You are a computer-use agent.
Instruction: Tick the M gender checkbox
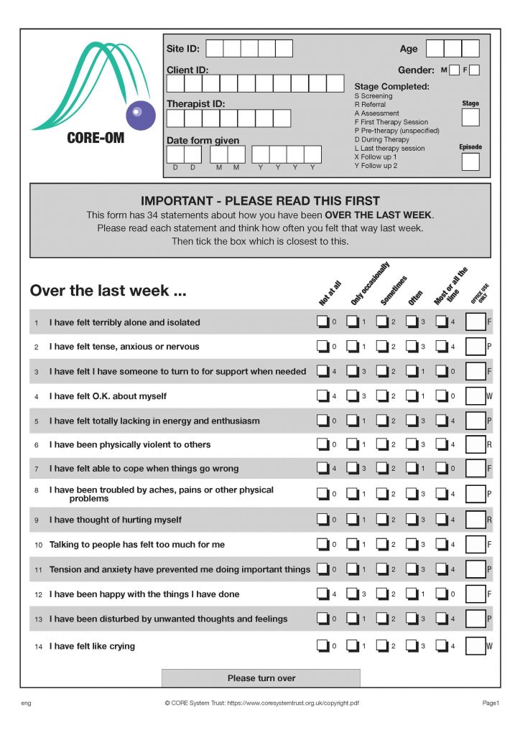coord(454,70)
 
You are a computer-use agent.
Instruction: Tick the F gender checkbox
coord(474,70)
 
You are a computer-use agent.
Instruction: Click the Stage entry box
coord(470,118)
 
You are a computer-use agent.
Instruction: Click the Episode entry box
coord(470,161)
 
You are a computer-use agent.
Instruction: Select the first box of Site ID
coord(214,49)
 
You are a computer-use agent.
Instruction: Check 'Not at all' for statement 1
coord(322,322)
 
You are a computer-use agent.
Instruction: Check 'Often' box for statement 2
coord(412,347)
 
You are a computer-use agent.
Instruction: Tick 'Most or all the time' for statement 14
coord(442,646)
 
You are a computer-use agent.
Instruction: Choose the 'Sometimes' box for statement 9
coord(382,520)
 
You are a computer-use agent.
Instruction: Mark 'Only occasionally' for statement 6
coord(352,445)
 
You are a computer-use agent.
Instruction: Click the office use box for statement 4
coord(475,396)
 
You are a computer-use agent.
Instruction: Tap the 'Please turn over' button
coord(261,678)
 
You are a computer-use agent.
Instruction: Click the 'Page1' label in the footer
coord(491,703)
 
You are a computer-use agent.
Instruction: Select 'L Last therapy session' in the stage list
coord(389,149)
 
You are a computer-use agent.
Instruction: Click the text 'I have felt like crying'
coord(92,647)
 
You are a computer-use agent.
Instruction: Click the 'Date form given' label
coord(203,141)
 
